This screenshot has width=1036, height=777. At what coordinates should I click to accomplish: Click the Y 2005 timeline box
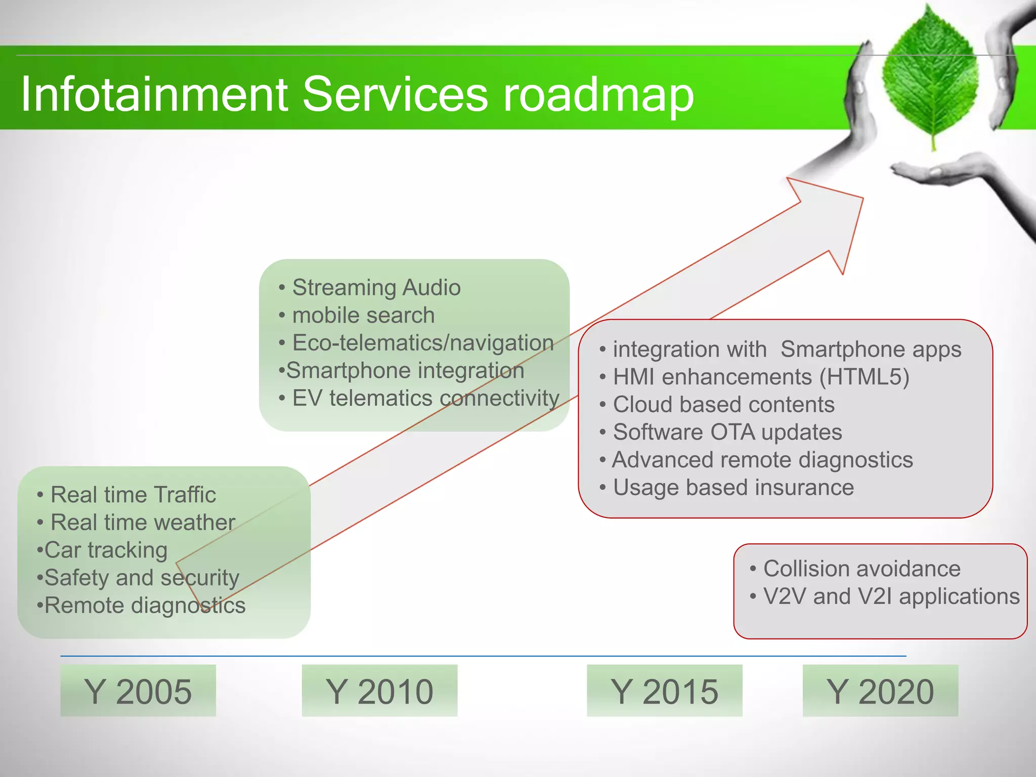point(138,691)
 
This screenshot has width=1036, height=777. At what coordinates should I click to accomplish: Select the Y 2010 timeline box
point(379,691)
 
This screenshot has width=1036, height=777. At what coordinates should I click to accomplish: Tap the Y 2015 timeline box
point(664,691)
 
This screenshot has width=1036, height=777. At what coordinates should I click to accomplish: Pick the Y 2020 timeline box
point(880,691)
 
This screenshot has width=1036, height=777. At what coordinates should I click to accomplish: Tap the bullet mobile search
point(363,315)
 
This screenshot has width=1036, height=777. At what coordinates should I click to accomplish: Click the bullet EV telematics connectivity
point(425,398)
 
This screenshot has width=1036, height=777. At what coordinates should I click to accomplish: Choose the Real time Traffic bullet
point(133,495)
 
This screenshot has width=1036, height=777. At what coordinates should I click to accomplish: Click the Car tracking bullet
point(105,550)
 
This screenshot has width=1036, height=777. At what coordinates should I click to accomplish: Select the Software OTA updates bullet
point(727,433)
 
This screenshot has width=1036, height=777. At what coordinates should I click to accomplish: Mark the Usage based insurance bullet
point(733,488)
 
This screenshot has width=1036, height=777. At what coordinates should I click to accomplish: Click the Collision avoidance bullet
point(861,569)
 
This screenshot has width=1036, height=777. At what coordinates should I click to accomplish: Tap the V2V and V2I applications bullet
point(891,596)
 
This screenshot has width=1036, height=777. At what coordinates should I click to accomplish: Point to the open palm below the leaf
point(941,172)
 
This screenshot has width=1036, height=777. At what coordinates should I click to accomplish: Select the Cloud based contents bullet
point(723,405)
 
